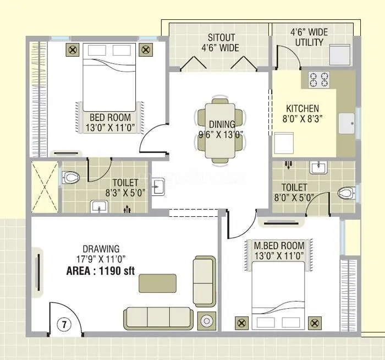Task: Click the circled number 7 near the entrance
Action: pos(64,324)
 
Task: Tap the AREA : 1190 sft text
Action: pos(101,271)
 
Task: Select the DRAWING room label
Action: pos(101,249)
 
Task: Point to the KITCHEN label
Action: pos(302,108)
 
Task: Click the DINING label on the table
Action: pos(222,124)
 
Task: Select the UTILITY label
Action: pos(309,42)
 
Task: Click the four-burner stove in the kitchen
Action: pos(319,80)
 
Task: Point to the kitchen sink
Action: pos(347,124)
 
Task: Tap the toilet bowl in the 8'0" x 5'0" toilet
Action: pos(345,193)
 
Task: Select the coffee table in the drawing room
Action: pos(158,283)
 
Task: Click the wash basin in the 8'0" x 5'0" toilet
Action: pos(318,167)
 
